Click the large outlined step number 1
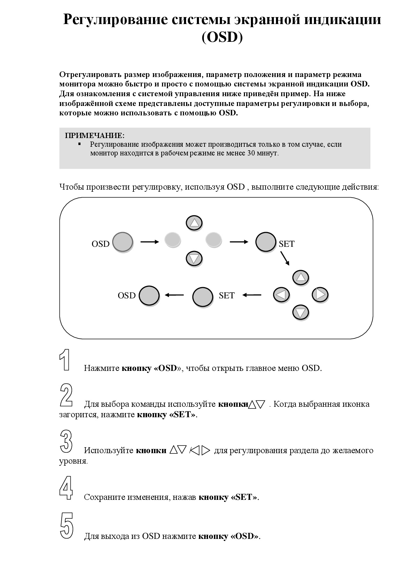click(x=65, y=359)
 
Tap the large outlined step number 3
click(x=66, y=441)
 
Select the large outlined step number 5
click(x=67, y=526)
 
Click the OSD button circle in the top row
click(x=123, y=242)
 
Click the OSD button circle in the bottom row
click(x=149, y=296)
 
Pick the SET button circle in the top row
click(x=266, y=242)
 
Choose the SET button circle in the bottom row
click(x=203, y=297)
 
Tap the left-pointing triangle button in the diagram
click(x=281, y=295)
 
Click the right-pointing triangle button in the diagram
click(x=320, y=295)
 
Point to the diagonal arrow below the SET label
click(x=285, y=258)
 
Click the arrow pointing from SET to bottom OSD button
click(x=174, y=295)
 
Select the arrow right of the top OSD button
click(x=149, y=242)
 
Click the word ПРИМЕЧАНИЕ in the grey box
click(x=95, y=135)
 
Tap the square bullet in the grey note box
click(x=79, y=144)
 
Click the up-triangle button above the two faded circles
click(x=194, y=223)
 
